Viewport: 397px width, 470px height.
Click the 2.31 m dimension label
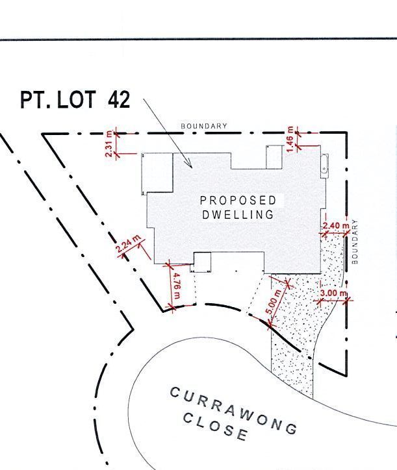pos(110,144)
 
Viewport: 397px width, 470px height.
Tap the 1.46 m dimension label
pos(290,139)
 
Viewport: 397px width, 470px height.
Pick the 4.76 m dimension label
pos(177,286)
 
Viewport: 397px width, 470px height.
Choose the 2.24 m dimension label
pos(129,243)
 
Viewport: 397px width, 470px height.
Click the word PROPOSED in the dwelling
pos(238,200)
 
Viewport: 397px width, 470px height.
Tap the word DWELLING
pos(238,214)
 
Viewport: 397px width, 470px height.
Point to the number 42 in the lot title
pos(119,99)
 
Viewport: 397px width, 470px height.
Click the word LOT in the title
pos(77,99)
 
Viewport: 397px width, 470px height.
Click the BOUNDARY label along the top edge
pos(204,126)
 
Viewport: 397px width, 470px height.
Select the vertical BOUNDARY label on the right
pos(355,241)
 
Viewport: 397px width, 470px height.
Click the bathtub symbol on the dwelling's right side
pos(325,166)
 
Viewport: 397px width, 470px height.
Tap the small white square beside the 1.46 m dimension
pos(275,157)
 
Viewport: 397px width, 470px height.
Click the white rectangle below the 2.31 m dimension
pos(157,173)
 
